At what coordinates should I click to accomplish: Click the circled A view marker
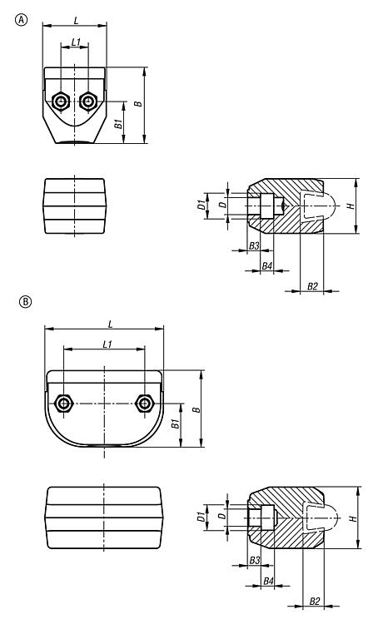coord(22,20)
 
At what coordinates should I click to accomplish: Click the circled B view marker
coord(25,302)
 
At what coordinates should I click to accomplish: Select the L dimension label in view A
coord(76,20)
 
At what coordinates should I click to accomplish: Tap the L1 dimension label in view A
coord(76,42)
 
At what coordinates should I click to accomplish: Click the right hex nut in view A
coord(87,102)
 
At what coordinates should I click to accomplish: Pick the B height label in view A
coord(138,104)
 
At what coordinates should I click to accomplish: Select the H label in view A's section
coord(351,206)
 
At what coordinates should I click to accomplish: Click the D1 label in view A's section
coord(201,206)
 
